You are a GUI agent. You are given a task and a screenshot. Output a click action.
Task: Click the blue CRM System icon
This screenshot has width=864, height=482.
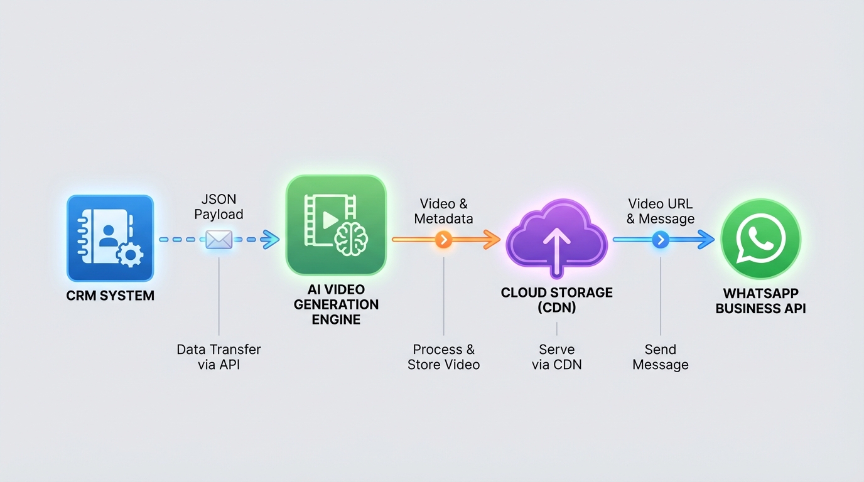point(110,238)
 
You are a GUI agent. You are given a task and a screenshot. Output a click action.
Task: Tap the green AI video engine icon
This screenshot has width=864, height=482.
point(335,225)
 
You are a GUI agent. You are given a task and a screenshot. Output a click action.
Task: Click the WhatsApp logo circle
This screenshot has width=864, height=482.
point(760,239)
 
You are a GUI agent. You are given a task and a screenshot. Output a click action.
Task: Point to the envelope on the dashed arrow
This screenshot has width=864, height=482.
point(219,239)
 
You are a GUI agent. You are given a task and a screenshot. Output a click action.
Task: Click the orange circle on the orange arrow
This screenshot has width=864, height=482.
point(443,239)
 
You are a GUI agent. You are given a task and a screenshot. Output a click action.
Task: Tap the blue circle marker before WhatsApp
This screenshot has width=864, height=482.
point(660,239)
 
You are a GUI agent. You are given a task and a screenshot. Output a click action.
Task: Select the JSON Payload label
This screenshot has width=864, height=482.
point(219,206)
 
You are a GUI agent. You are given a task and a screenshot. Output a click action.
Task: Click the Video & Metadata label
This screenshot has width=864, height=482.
point(443,212)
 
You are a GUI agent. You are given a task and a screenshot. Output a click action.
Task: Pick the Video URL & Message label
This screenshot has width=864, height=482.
point(660,212)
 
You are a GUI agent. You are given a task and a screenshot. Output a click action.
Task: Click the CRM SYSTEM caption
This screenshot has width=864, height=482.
point(110,296)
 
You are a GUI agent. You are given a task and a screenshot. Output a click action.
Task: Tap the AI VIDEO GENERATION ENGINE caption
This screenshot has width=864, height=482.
point(336,304)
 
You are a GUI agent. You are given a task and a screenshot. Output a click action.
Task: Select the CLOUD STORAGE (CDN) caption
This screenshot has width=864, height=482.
point(556,300)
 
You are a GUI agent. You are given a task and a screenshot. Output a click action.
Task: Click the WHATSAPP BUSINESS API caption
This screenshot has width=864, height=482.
point(760,301)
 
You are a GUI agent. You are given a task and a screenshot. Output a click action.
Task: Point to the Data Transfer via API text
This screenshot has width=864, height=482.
point(219,357)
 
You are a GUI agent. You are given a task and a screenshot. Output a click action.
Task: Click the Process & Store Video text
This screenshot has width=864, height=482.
point(443,357)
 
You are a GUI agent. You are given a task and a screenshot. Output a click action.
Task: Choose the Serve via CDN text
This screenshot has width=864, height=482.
point(556,357)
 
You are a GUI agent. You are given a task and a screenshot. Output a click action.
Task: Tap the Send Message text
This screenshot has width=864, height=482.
point(660,357)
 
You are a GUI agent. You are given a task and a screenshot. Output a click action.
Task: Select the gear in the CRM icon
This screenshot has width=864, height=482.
point(130,255)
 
